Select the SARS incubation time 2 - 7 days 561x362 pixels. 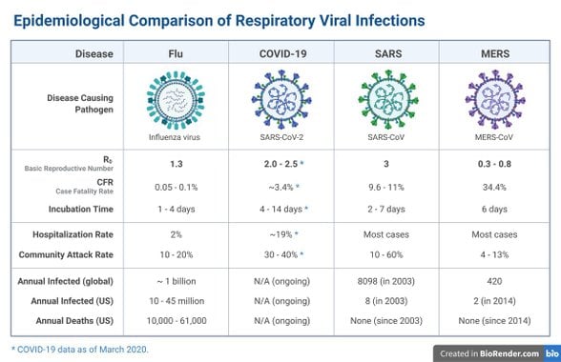pos(389,208)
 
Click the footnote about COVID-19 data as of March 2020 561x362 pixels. pos(80,350)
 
